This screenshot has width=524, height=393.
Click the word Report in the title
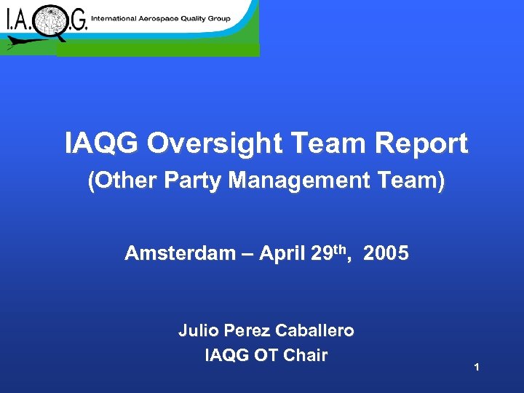422,144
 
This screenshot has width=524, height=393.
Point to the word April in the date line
279,254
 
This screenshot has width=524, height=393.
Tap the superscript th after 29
346,249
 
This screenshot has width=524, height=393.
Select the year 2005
386,254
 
